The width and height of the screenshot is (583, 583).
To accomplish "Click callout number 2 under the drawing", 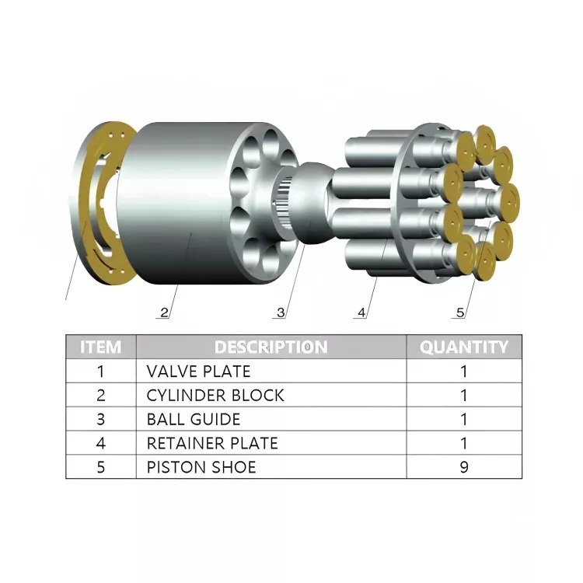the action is [x=164, y=312].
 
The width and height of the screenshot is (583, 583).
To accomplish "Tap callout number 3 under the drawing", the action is [x=281, y=312].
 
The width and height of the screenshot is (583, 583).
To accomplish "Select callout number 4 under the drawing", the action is [x=361, y=312].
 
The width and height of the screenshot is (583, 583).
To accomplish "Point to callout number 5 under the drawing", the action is [x=460, y=312].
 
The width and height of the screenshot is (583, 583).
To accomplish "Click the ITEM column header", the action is [x=101, y=347].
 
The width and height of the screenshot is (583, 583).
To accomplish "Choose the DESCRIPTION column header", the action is [x=271, y=347].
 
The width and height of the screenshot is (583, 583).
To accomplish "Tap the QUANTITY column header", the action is [x=464, y=347].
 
